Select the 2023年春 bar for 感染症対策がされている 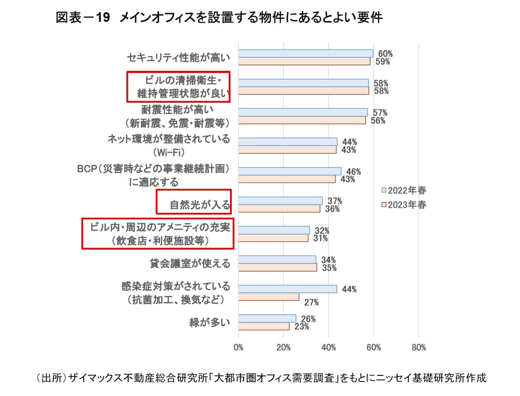tap(269, 297)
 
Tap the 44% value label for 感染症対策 tap(349, 289)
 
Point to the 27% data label tap(312, 302)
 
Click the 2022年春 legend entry tap(403, 190)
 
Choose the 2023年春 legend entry tap(403, 205)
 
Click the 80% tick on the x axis tap(419, 348)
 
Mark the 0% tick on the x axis tap(238, 348)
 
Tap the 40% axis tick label tap(328, 348)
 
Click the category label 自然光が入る tap(200, 205)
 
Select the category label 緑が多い tap(209, 323)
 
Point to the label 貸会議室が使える tap(190, 264)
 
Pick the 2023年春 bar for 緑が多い tap(264, 327)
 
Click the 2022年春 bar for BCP tap(290, 171)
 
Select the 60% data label tap(385, 54)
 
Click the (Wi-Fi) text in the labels tap(169, 153)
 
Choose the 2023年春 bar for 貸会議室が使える tap(277, 267)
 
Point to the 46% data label tap(353, 171)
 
